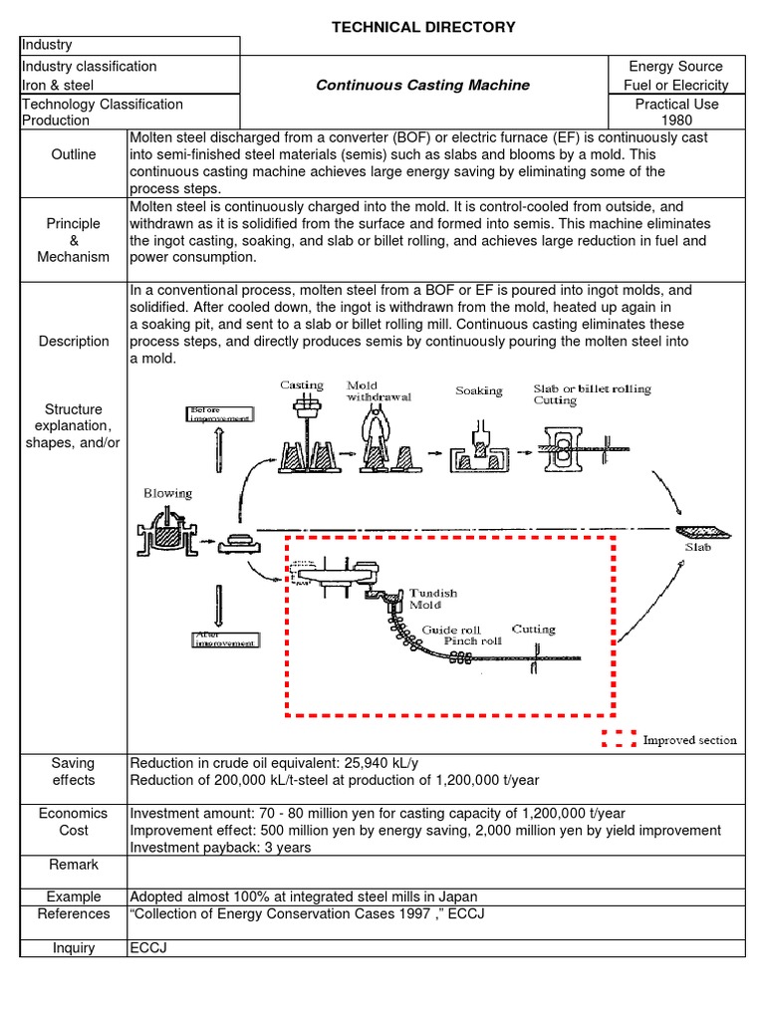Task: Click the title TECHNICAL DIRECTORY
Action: coord(423,27)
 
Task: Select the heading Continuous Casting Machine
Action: coord(422,85)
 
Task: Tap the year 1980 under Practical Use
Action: coord(676,121)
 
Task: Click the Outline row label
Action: coord(74,154)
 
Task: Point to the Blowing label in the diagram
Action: coord(167,493)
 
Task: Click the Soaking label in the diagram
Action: coord(479,391)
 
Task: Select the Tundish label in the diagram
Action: coord(433,593)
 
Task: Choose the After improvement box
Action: coord(223,638)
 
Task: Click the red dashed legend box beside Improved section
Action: coord(618,739)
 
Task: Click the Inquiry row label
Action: coord(74,947)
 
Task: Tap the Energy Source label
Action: coord(676,66)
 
